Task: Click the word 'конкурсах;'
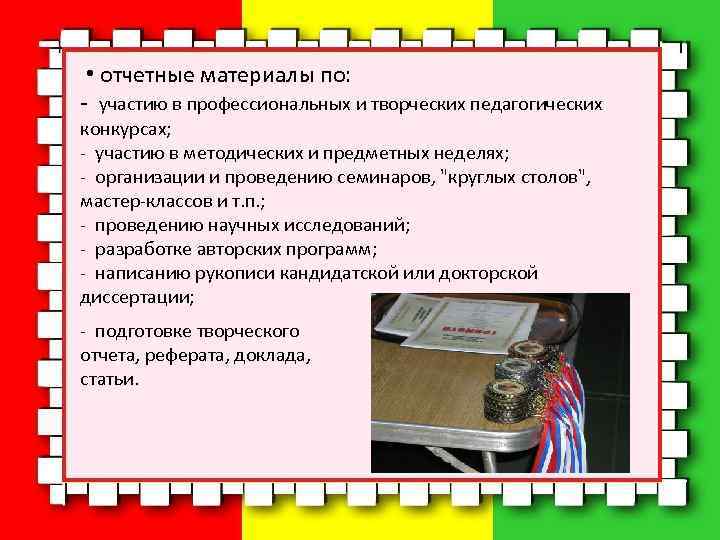(125, 129)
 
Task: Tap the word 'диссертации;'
(137, 297)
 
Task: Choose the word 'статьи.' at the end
(110, 379)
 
